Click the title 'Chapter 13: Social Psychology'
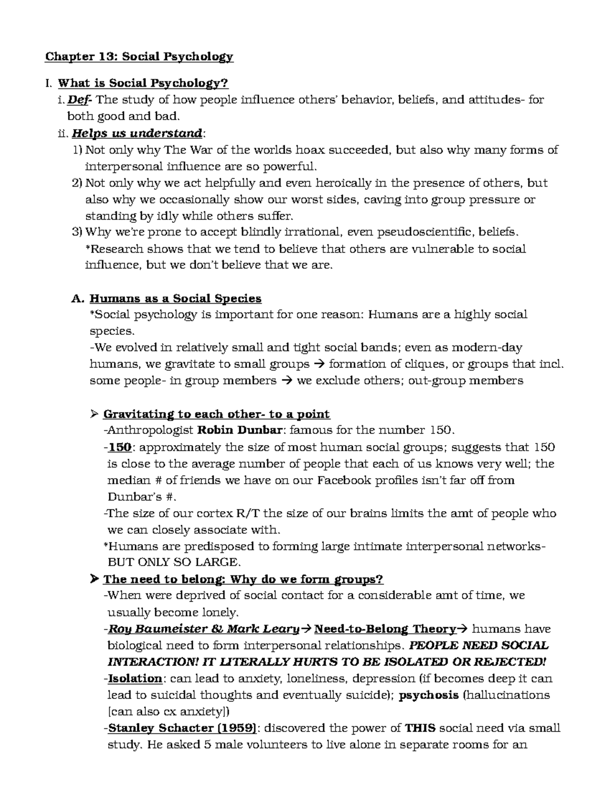click(x=139, y=56)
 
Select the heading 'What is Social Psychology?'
click(x=143, y=83)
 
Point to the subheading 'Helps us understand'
click(x=137, y=133)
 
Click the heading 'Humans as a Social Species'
click(x=175, y=298)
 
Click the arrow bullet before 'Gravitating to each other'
click(x=93, y=414)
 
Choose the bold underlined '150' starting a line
click(x=120, y=447)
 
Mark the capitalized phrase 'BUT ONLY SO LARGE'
click(x=172, y=563)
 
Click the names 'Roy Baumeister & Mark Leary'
click(x=203, y=629)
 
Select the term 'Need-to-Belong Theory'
click(x=385, y=629)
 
